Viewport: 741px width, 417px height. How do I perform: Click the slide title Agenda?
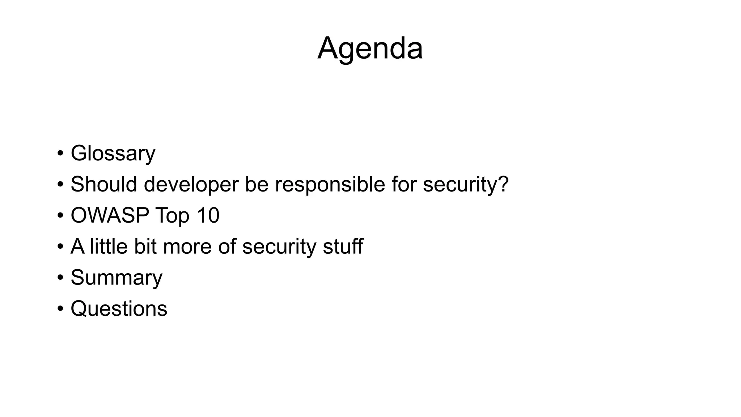[370, 49]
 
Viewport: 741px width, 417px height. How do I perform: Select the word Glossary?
[113, 153]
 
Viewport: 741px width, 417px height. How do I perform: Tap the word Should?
[104, 184]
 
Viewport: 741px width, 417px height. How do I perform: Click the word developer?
[191, 184]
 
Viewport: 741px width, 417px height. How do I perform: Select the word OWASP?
[110, 215]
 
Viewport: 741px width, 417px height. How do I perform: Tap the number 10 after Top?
[208, 215]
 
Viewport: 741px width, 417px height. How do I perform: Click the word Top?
[172, 216]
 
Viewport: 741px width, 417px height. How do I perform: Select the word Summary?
[117, 278]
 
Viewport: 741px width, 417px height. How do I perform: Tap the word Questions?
[119, 309]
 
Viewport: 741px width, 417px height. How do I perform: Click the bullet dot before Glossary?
[60, 153]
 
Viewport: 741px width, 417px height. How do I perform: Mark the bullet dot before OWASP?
[60, 216]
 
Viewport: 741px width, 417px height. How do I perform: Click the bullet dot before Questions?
[60, 309]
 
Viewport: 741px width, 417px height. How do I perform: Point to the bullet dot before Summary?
[60, 278]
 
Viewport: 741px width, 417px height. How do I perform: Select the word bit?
[145, 247]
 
